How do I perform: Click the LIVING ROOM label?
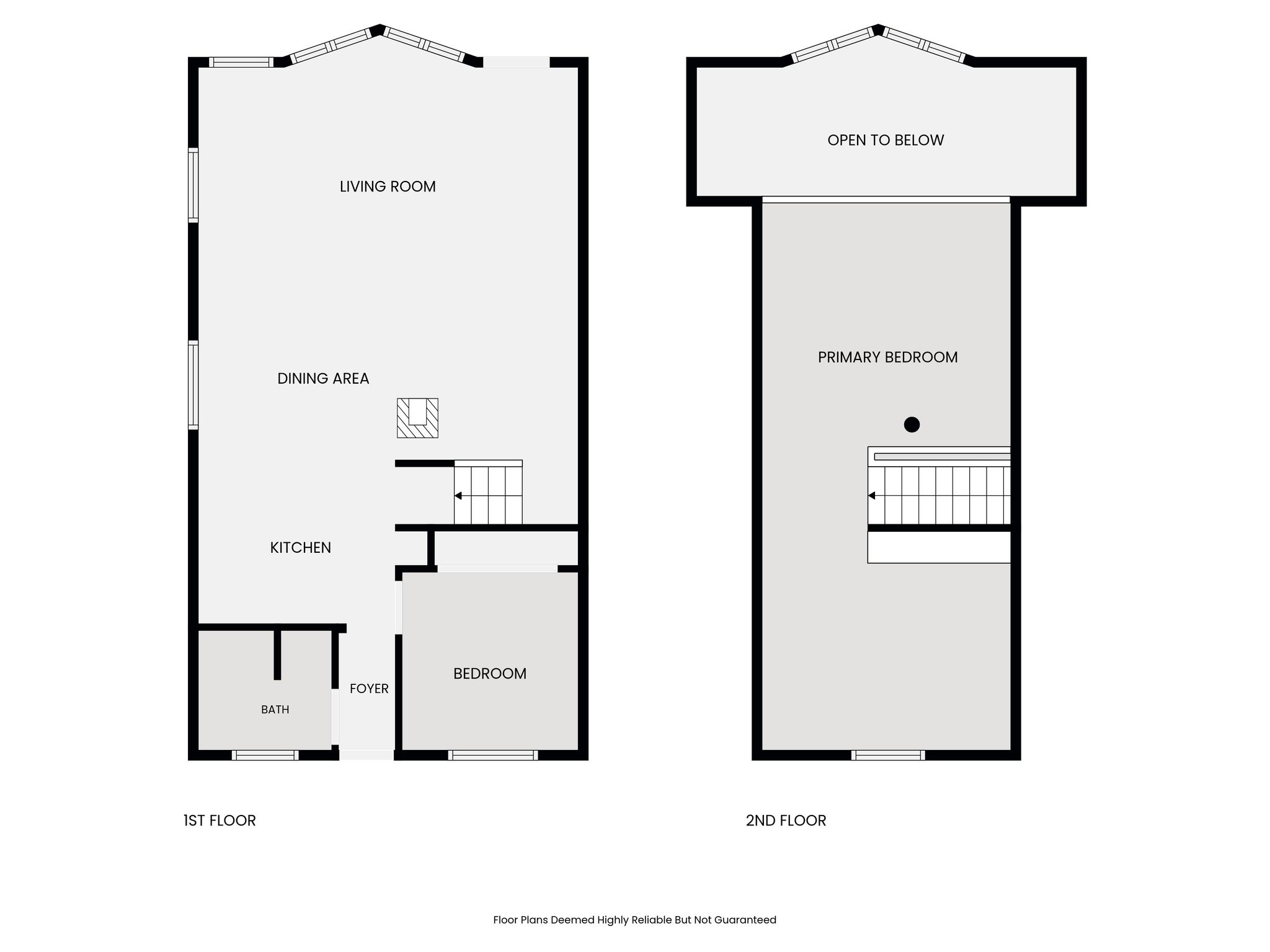coord(388,187)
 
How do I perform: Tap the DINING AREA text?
coord(323,379)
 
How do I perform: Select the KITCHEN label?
coord(301,548)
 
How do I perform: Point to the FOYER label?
coord(369,689)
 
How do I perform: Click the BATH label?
coord(275,710)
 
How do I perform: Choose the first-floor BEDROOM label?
coord(490,674)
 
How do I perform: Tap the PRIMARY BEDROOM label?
coord(887,358)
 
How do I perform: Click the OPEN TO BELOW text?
coord(886,141)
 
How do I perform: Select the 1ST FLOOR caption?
coord(220,821)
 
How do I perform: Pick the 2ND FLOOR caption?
coord(786,821)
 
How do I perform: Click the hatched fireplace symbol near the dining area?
coord(417,418)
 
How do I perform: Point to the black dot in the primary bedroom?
coord(912,425)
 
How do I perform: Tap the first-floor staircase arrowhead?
coord(458,496)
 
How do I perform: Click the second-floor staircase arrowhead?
coord(871,496)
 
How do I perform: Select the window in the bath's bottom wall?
coord(265,755)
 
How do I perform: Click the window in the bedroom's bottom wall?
coord(493,755)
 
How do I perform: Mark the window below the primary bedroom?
coord(888,755)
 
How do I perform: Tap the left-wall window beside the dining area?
coord(193,385)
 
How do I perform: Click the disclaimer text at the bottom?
coord(634,920)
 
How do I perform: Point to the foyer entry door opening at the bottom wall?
coord(366,755)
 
